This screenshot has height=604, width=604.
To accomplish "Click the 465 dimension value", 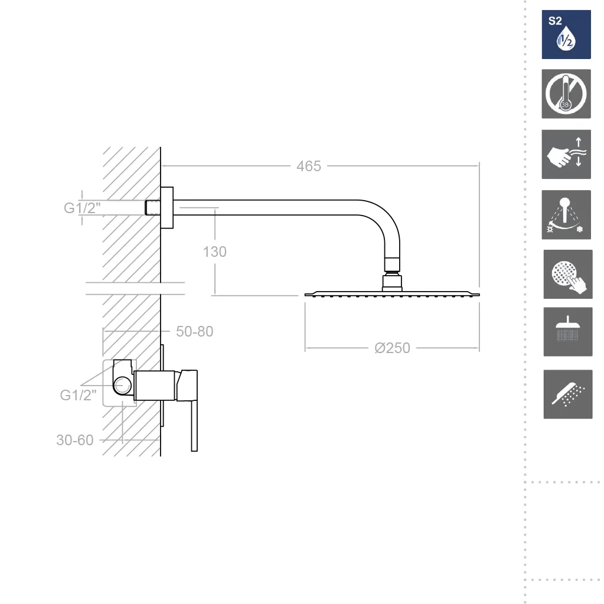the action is click(309, 166).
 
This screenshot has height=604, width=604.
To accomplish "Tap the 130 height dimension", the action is click(214, 252).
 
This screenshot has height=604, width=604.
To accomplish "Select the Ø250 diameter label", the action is click(392, 348).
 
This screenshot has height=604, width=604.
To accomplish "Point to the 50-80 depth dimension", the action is click(194, 331).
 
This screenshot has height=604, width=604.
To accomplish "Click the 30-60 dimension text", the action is click(75, 440).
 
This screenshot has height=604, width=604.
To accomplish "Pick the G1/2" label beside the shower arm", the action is click(82, 208).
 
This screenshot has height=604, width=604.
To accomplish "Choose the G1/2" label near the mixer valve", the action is click(78, 395).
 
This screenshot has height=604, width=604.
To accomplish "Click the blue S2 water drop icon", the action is click(566, 35).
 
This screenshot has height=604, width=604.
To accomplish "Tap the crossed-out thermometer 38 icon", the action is click(566, 94).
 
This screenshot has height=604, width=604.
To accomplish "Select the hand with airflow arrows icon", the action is click(566, 154).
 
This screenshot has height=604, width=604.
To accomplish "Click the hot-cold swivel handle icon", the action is click(566, 214).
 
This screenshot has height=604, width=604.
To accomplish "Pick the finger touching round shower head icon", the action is click(568, 275).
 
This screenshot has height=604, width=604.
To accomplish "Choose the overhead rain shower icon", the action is click(568, 332).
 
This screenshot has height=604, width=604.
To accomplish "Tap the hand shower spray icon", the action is click(568, 394).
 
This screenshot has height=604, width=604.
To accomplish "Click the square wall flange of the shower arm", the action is click(166, 208).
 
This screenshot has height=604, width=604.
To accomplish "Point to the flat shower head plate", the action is click(392, 294).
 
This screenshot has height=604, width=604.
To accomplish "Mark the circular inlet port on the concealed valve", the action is click(122, 385).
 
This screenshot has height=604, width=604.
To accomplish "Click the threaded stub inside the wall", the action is click(152, 208).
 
